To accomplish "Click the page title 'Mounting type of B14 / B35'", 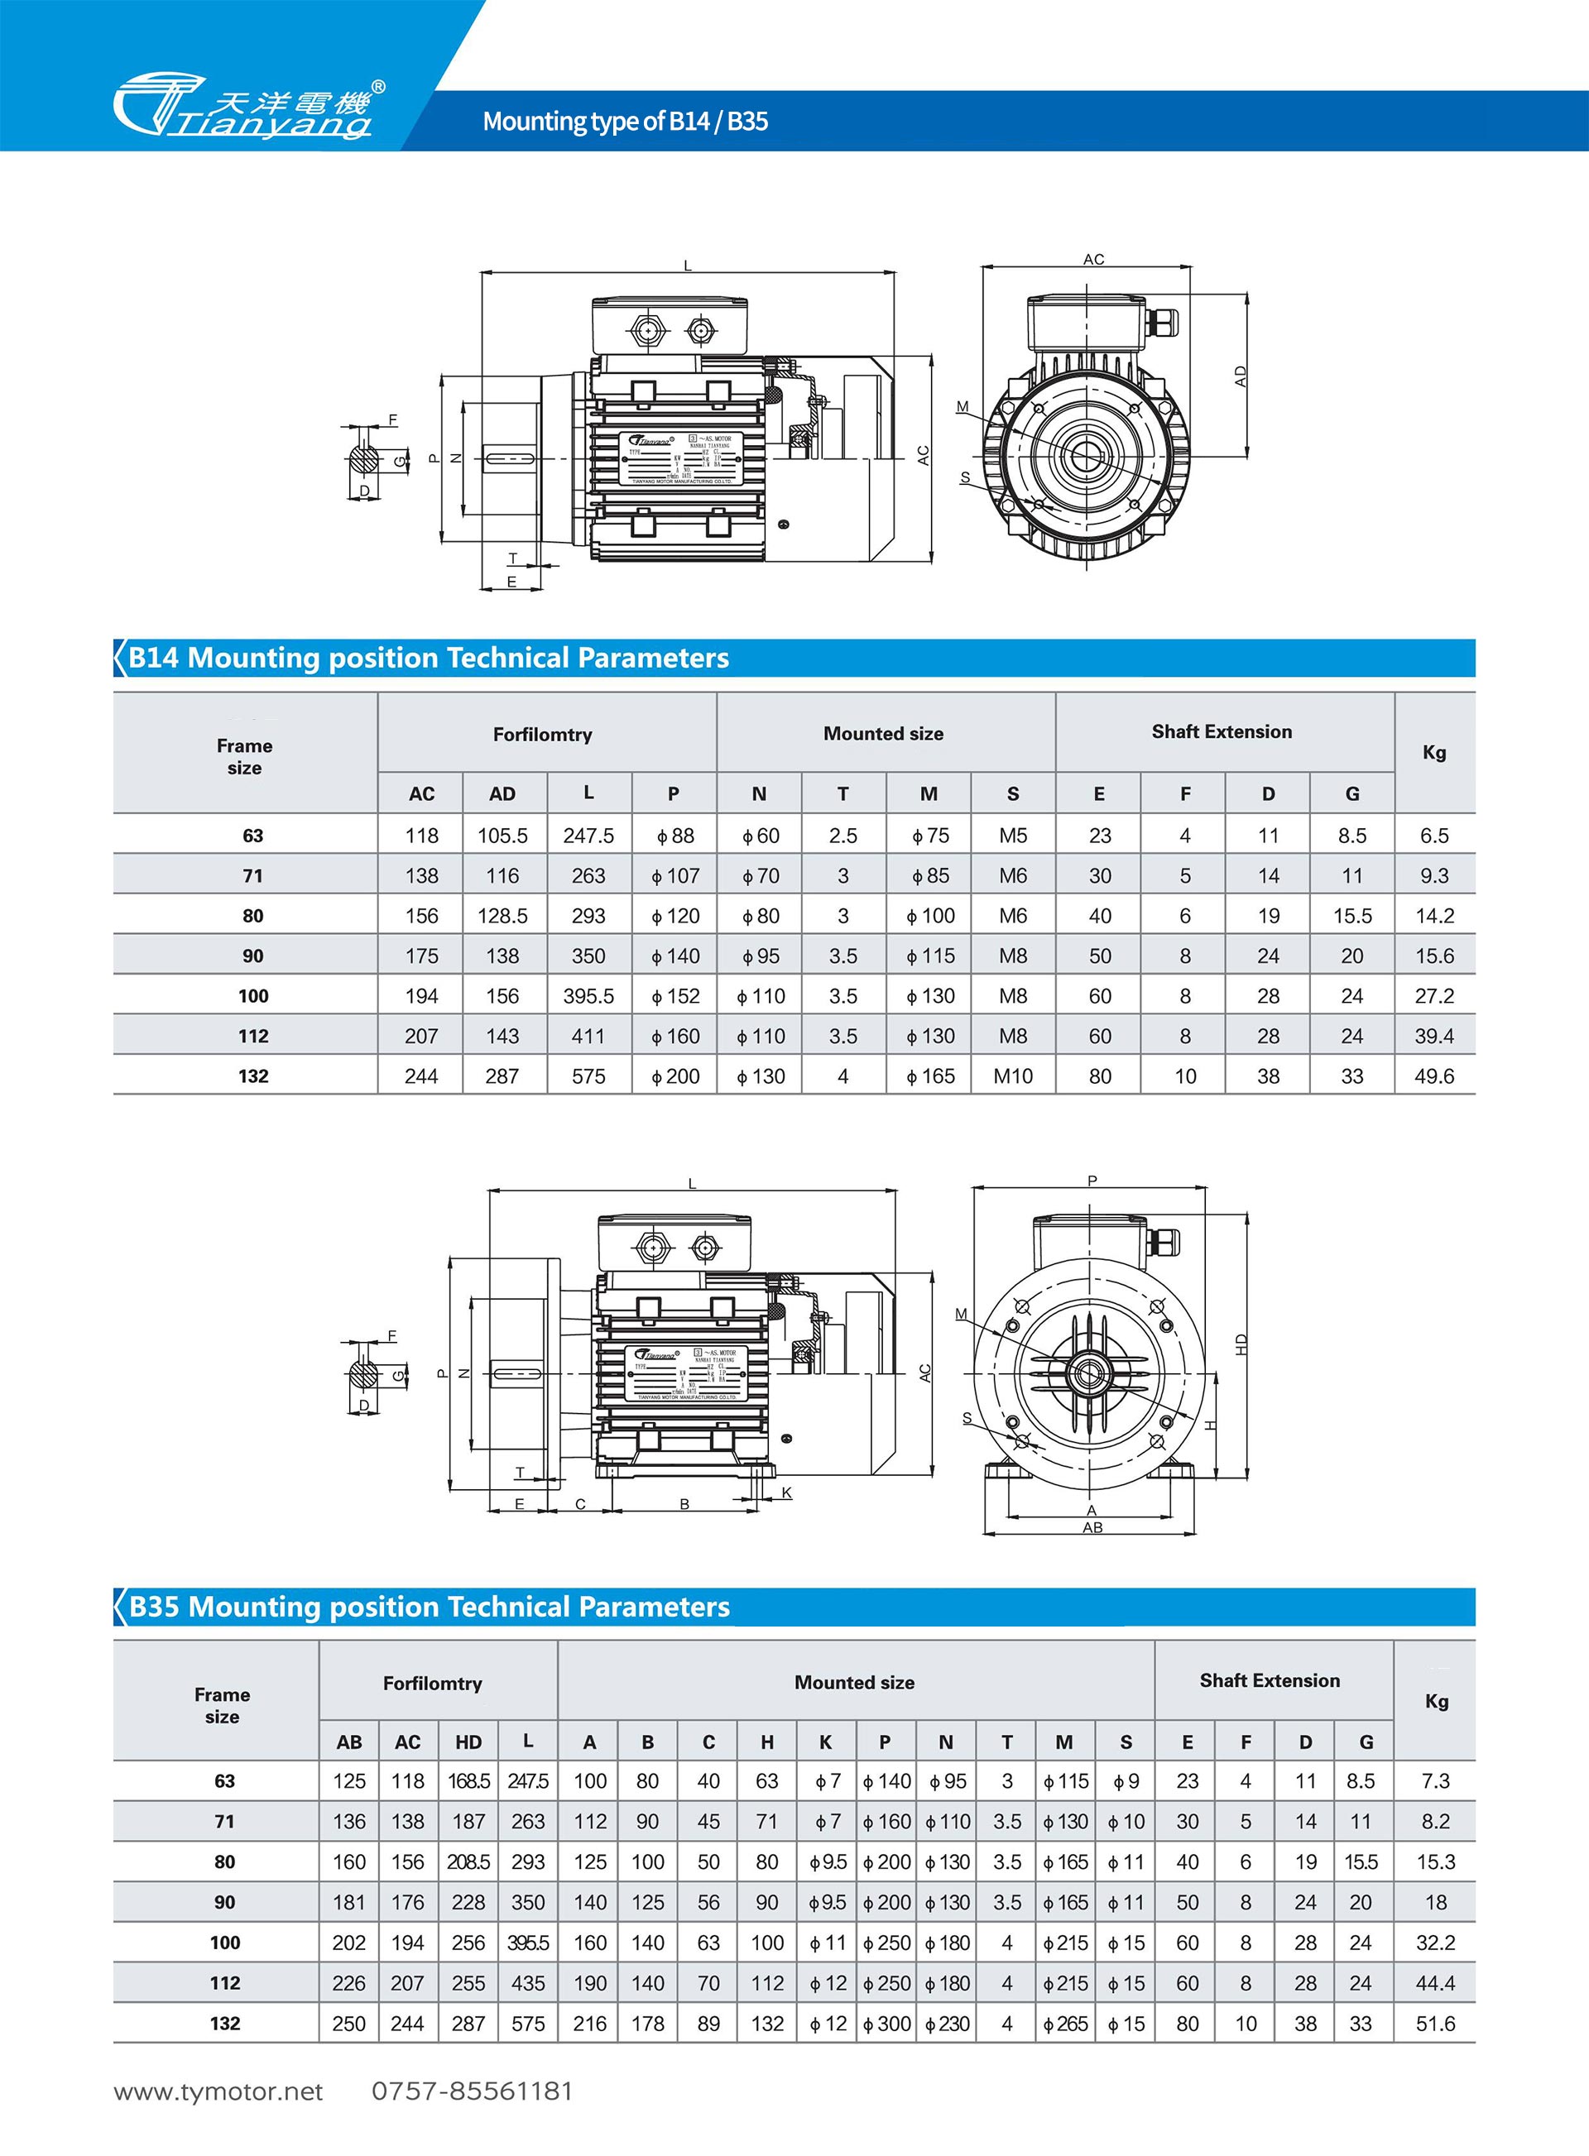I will (624, 121).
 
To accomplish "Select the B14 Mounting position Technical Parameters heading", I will (428, 658).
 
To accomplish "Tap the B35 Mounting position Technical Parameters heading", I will (429, 1607).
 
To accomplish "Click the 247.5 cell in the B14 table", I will (588, 836).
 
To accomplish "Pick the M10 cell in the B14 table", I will (1013, 1076).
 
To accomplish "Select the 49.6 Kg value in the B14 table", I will (1433, 1076).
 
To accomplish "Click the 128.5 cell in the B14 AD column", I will (502, 916).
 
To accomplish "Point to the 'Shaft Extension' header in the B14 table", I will (1222, 732).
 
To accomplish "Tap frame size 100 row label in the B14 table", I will (253, 996).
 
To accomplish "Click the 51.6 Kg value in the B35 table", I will (1435, 2024).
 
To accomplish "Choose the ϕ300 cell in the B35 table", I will (886, 2024).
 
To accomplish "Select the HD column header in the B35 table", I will (468, 1742).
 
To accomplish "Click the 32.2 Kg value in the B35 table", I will (1435, 1943).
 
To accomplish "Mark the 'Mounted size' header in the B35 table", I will (854, 1683).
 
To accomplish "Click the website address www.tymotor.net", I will (218, 2091).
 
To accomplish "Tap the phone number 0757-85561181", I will (473, 2091).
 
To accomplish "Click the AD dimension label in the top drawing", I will (1241, 376).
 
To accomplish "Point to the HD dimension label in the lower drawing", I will (1241, 1344).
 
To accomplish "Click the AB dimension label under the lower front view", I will (1092, 1527).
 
